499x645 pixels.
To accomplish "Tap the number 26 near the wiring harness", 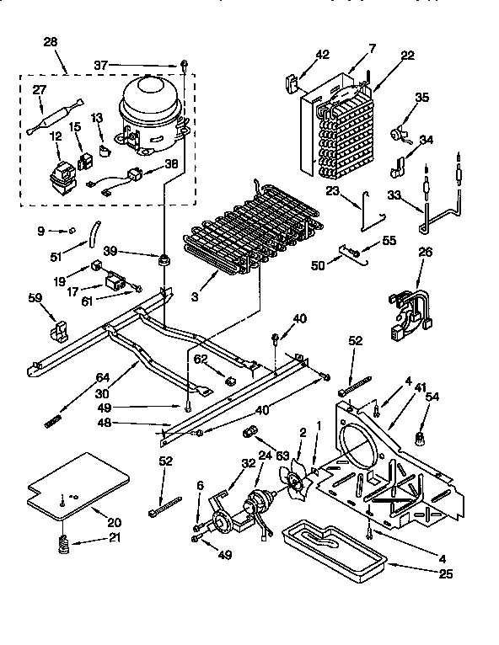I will coord(427,252).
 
